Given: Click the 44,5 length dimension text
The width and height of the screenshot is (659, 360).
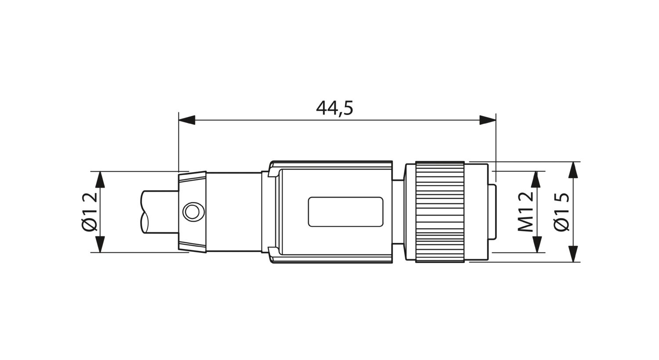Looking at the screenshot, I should tap(334, 108).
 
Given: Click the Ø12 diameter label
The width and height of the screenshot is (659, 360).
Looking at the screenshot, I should tap(89, 212).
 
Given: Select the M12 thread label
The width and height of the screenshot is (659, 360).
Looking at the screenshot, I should tap(525, 212).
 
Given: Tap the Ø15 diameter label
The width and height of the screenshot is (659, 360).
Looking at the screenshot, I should tap(562, 212).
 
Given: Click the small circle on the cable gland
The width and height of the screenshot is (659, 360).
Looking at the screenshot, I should tap(192, 212).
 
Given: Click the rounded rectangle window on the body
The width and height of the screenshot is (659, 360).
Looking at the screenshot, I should tap(345, 212).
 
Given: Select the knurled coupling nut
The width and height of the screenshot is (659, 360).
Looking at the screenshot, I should tap(440, 212).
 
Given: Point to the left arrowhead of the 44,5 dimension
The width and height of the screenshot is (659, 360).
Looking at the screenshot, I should tap(187, 120).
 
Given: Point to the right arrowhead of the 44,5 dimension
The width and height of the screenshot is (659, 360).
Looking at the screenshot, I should tap(488, 120).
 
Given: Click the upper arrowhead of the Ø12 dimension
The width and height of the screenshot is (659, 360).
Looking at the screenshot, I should tap(100, 179).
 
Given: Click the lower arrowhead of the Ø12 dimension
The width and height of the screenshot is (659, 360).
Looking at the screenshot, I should tap(100, 245).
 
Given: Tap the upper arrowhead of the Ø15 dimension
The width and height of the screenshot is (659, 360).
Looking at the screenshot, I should tap(573, 170).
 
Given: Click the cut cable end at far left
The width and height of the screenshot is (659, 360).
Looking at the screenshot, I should tap(152, 212).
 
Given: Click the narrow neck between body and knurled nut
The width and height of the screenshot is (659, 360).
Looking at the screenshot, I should tap(398, 212).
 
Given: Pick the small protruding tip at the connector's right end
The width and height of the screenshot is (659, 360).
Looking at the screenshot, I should tap(493, 212).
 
